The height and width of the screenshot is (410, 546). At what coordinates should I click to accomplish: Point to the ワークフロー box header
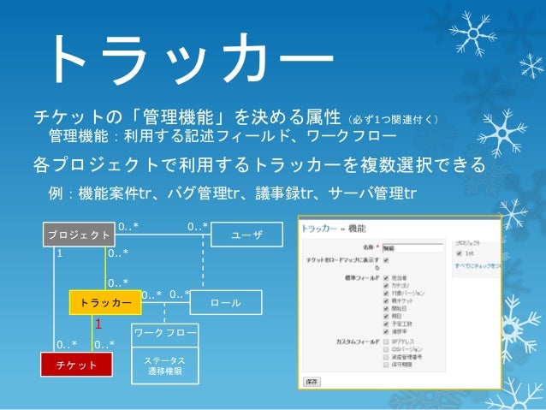165,332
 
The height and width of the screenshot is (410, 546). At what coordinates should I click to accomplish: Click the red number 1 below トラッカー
99,325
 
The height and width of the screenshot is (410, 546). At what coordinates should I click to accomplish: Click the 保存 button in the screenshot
312,380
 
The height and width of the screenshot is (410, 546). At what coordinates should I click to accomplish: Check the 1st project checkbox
460,253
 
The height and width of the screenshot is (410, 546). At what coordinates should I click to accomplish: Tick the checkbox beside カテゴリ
387,285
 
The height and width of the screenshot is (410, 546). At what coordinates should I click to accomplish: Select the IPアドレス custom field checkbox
387,342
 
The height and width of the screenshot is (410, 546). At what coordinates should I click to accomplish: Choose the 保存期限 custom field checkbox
387,365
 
